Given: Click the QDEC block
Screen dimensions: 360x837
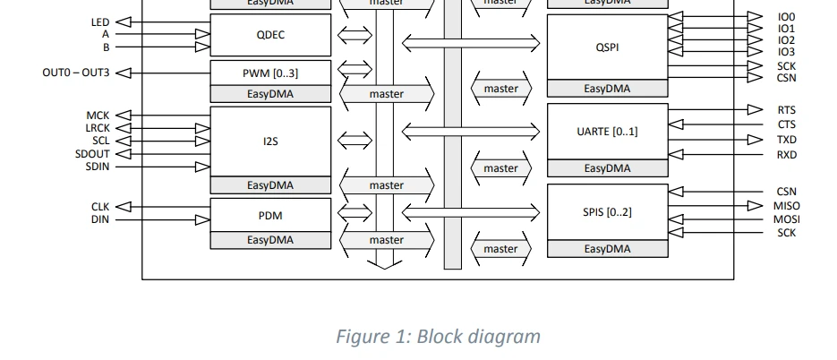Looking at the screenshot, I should coord(269,35).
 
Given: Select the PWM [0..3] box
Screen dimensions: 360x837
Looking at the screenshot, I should coord(269,73).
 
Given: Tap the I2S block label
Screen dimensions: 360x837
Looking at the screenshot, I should coord(269,141).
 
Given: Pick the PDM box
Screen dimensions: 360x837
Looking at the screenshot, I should coord(269,215).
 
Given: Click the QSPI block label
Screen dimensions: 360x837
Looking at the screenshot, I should coord(607,47).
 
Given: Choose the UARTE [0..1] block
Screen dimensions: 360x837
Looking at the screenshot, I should coord(607,132).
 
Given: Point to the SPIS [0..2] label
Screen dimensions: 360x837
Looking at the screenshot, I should coord(607,212).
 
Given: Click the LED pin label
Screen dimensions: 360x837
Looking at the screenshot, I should coord(100,21).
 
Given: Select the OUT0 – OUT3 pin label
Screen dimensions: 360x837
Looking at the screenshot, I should coord(76,73).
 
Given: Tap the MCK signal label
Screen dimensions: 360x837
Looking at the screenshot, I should coord(98,116).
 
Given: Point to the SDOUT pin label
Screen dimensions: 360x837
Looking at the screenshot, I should coord(92,154).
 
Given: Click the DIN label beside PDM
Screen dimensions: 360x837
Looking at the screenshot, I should coord(99,219).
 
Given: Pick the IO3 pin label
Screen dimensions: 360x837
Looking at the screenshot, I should coord(786,52).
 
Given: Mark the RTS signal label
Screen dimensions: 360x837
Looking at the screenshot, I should coord(786,110).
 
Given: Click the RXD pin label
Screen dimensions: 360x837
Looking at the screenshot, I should coord(786,155).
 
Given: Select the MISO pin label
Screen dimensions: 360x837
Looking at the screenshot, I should coord(786,206).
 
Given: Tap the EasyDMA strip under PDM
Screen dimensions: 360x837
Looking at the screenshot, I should coord(269,240).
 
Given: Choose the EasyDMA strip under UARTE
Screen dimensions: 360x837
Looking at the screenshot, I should coord(607,168).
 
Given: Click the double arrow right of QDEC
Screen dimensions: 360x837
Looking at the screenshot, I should coord(354,36).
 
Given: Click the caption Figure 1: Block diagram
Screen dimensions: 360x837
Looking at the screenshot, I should coord(438,337).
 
